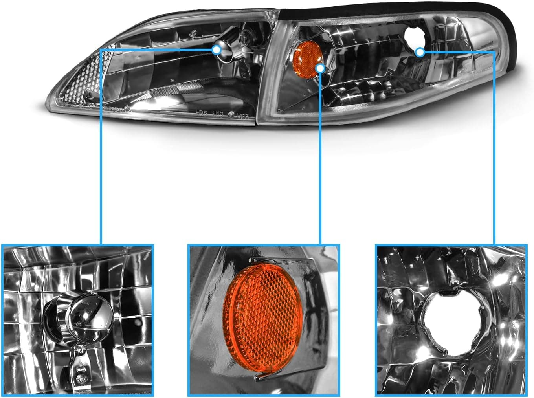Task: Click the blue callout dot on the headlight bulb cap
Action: click(216, 50)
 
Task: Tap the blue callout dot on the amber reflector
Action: click(320, 68)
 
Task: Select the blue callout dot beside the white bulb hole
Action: click(420, 51)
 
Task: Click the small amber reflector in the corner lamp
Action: click(305, 57)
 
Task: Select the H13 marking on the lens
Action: click(218, 114)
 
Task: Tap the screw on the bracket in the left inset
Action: click(82, 380)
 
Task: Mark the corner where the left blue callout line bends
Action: click(101, 50)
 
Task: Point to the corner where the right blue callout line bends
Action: click(494, 52)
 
